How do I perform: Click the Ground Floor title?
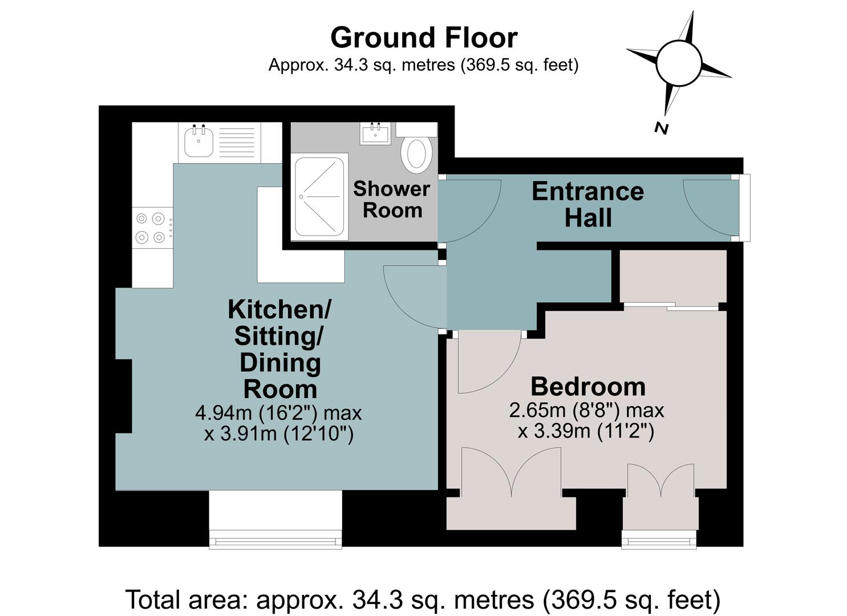424,38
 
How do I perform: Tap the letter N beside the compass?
661,128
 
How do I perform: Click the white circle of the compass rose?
679,63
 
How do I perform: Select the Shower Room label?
392,199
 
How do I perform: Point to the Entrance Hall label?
588,205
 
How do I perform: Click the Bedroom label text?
588,387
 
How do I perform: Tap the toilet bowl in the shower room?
416,154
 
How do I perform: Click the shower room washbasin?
375,133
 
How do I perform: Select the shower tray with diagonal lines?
319,197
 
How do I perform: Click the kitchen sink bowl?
198,142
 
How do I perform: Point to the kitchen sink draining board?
237,142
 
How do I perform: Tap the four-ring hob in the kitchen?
152,228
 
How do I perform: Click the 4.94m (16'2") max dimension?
279,412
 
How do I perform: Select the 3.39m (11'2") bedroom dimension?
586,431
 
